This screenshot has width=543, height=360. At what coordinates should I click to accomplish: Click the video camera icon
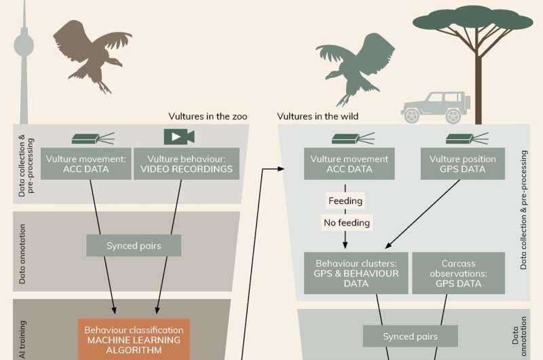click(x=179, y=136)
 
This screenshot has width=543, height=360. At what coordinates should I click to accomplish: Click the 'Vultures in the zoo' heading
click(x=208, y=116)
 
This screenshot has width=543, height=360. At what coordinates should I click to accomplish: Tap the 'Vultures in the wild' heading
click(x=318, y=116)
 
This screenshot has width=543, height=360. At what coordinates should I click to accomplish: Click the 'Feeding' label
click(x=345, y=201)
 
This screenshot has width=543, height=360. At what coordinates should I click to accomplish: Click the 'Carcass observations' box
click(x=458, y=273)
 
